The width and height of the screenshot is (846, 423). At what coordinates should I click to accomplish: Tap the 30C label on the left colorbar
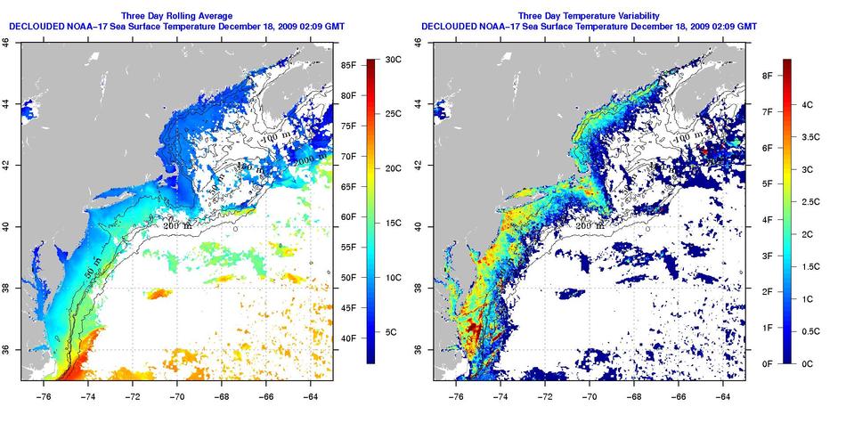tap(393, 59)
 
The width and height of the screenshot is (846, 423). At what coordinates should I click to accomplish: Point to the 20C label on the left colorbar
tap(393, 168)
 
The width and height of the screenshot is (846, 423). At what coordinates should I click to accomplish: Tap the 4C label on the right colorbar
tap(809, 104)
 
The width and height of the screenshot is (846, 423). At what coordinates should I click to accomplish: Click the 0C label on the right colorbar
tap(809, 363)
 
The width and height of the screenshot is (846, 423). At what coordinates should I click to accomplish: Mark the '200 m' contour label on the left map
tap(178, 226)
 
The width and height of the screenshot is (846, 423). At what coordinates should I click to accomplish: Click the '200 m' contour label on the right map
tap(590, 226)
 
